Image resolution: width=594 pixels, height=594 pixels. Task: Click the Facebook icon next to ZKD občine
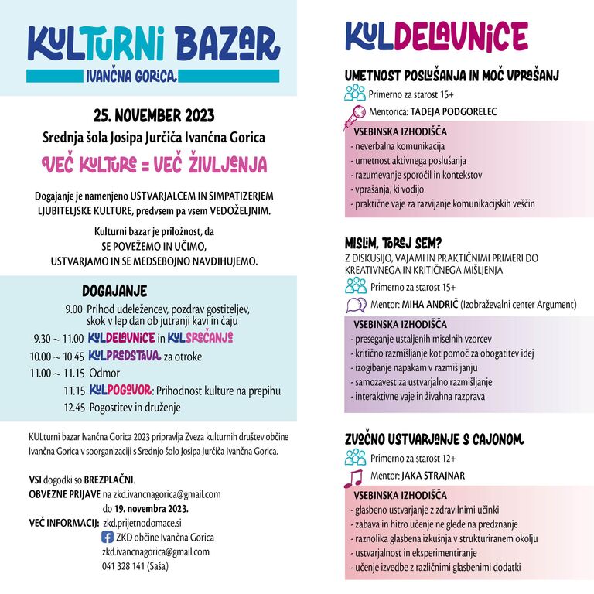(108, 537)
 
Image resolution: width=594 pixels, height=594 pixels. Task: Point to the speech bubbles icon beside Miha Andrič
(356, 305)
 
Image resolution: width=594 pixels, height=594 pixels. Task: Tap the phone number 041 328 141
(123, 565)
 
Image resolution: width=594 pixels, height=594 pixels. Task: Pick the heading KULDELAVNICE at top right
(436, 37)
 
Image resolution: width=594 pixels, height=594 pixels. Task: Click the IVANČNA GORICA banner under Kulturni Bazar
(131, 76)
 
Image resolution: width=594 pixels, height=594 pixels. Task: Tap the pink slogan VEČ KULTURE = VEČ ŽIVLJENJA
(153, 164)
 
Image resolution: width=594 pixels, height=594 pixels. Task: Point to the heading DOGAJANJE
(114, 291)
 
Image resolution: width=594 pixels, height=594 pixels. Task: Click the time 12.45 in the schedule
(74, 407)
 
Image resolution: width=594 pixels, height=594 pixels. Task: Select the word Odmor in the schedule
(104, 373)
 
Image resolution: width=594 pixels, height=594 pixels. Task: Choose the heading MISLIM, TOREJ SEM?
(394, 243)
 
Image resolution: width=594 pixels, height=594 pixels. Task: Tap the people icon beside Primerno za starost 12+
(355, 458)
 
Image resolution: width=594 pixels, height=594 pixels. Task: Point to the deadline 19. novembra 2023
(145, 508)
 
